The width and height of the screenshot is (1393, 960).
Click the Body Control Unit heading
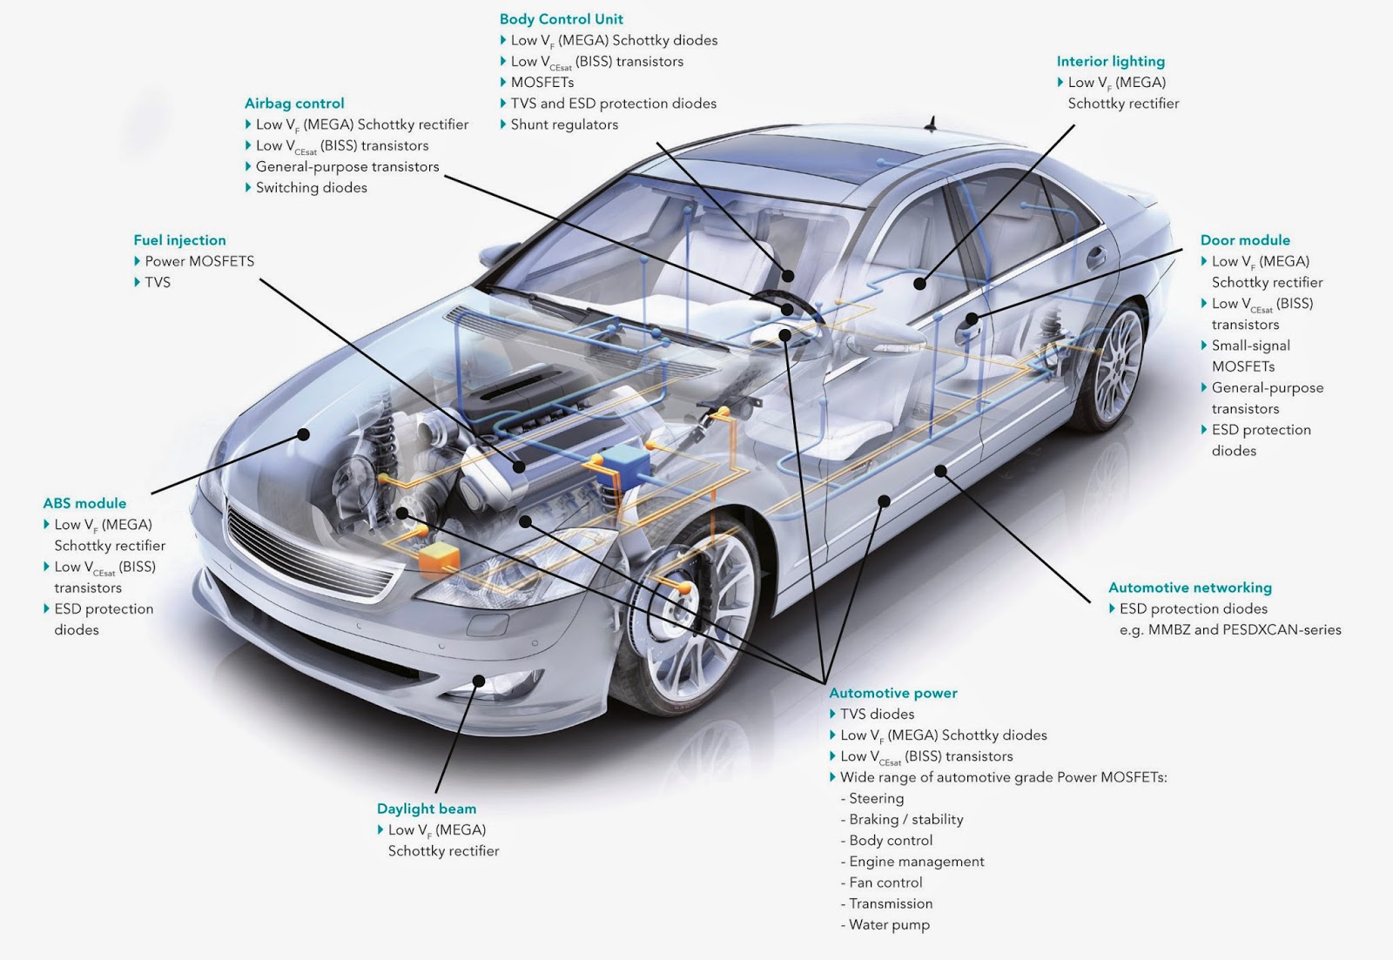click(561, 19)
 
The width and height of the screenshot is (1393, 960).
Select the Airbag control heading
click(294, 104)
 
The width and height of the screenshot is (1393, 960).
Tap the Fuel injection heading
click(179, 240)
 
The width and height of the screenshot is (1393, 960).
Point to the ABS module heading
click(84, 503)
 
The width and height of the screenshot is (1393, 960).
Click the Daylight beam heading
click(427, 809)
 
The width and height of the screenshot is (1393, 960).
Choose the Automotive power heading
click(892, 693)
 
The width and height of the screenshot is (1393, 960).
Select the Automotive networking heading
click(1189, 587)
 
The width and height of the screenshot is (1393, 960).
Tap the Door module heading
click(1245, 240)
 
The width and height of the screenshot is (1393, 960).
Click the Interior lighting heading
click(1110, 61)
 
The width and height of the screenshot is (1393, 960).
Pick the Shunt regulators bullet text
click(564, 124)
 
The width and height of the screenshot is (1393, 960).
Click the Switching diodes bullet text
click(311, 188)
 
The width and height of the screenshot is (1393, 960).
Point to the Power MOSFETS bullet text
click(199, 261)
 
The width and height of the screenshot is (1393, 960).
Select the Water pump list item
click(889, 924)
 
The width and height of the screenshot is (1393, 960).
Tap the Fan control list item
click(885, 883)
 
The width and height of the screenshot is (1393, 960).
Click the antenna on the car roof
click(932, 124)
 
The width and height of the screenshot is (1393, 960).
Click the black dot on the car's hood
click(304, 433)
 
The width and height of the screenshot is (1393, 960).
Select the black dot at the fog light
click(478, 681)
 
